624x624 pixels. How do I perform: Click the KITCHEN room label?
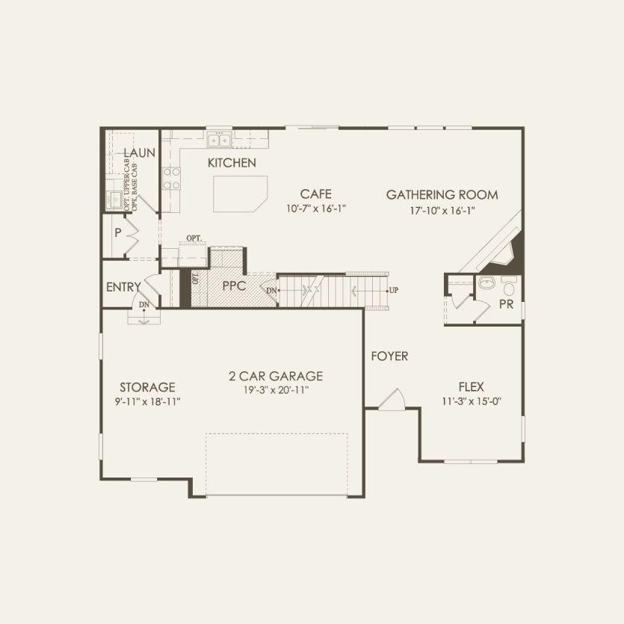232,162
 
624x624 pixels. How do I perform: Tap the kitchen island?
238,195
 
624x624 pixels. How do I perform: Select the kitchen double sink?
220,140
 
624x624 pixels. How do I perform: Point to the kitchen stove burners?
172,179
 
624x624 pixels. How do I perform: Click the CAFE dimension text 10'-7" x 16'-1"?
316,209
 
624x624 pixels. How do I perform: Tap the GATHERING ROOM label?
442,195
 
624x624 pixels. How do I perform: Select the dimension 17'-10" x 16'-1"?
442,210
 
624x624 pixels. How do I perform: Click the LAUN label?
140,153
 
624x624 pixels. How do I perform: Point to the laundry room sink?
114,200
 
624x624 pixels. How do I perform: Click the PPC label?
235,285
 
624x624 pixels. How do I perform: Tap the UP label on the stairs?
392,289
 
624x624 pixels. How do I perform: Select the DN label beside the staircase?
271,289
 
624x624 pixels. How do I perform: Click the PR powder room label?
506,305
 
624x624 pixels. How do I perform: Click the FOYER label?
389,356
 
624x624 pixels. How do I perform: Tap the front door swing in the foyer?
392,401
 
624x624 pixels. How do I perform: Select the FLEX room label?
471,387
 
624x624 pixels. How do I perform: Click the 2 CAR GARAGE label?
276,376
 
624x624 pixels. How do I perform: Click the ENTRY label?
123,287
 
